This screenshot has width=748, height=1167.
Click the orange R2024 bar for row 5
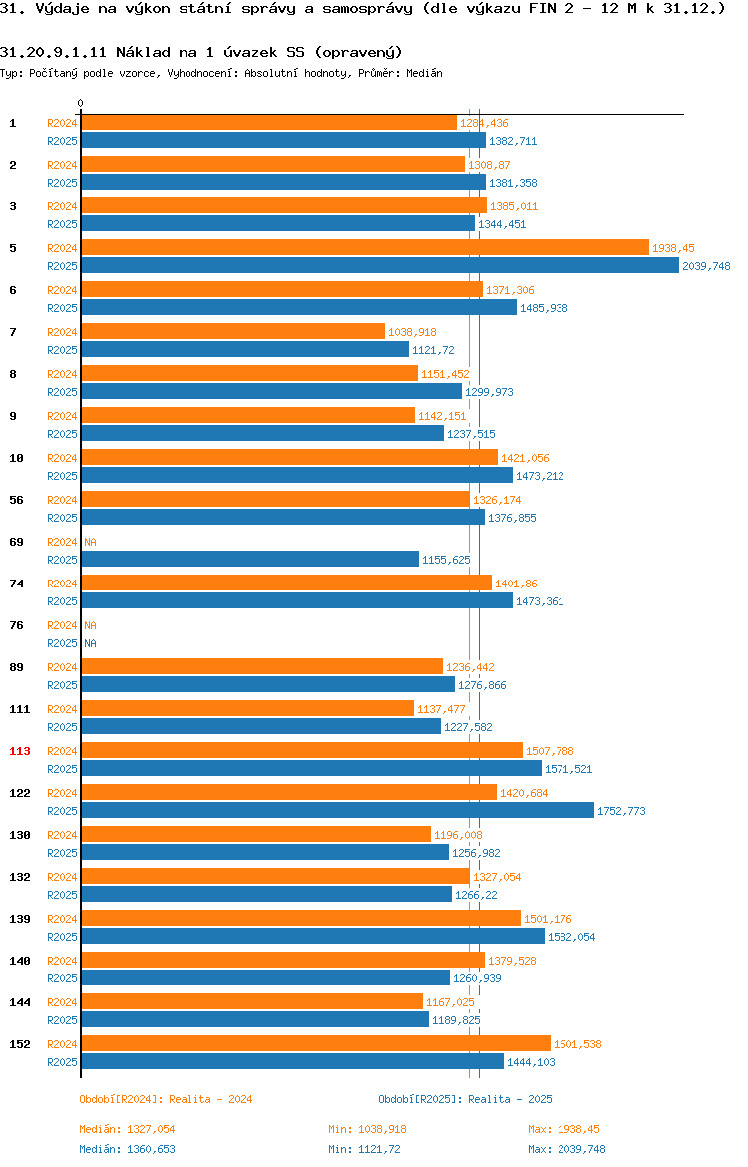pos(365,247)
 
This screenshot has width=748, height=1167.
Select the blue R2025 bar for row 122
pos(338,811)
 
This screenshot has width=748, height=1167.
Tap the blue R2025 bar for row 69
pos(250,559)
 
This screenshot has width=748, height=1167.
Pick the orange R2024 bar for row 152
pos(315,1043)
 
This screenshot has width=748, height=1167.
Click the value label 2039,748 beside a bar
pos(706,266)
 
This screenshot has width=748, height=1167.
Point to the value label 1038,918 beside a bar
pos(412,332)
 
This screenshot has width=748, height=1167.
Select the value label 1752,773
pos(621,811)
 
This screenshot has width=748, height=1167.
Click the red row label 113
pos(19,751)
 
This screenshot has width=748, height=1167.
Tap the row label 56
pos(16,500)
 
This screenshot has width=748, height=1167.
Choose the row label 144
pos(19,1002)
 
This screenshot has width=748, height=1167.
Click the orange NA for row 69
pos(90,542)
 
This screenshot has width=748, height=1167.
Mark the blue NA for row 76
pos(90,643)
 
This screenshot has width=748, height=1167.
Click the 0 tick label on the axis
pos(81,104)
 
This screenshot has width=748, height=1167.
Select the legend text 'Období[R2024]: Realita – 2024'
pos(166,1099)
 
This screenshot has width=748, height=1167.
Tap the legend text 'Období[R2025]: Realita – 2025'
pos(465,1099)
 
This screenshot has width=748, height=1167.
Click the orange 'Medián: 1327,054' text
pos(128,1129)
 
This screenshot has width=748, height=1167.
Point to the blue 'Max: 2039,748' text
pos(567,1149)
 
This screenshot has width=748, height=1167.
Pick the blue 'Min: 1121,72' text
pos(365,1149)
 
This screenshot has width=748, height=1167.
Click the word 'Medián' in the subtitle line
pos(424,73)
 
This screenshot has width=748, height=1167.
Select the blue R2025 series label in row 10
pos(62,476)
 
